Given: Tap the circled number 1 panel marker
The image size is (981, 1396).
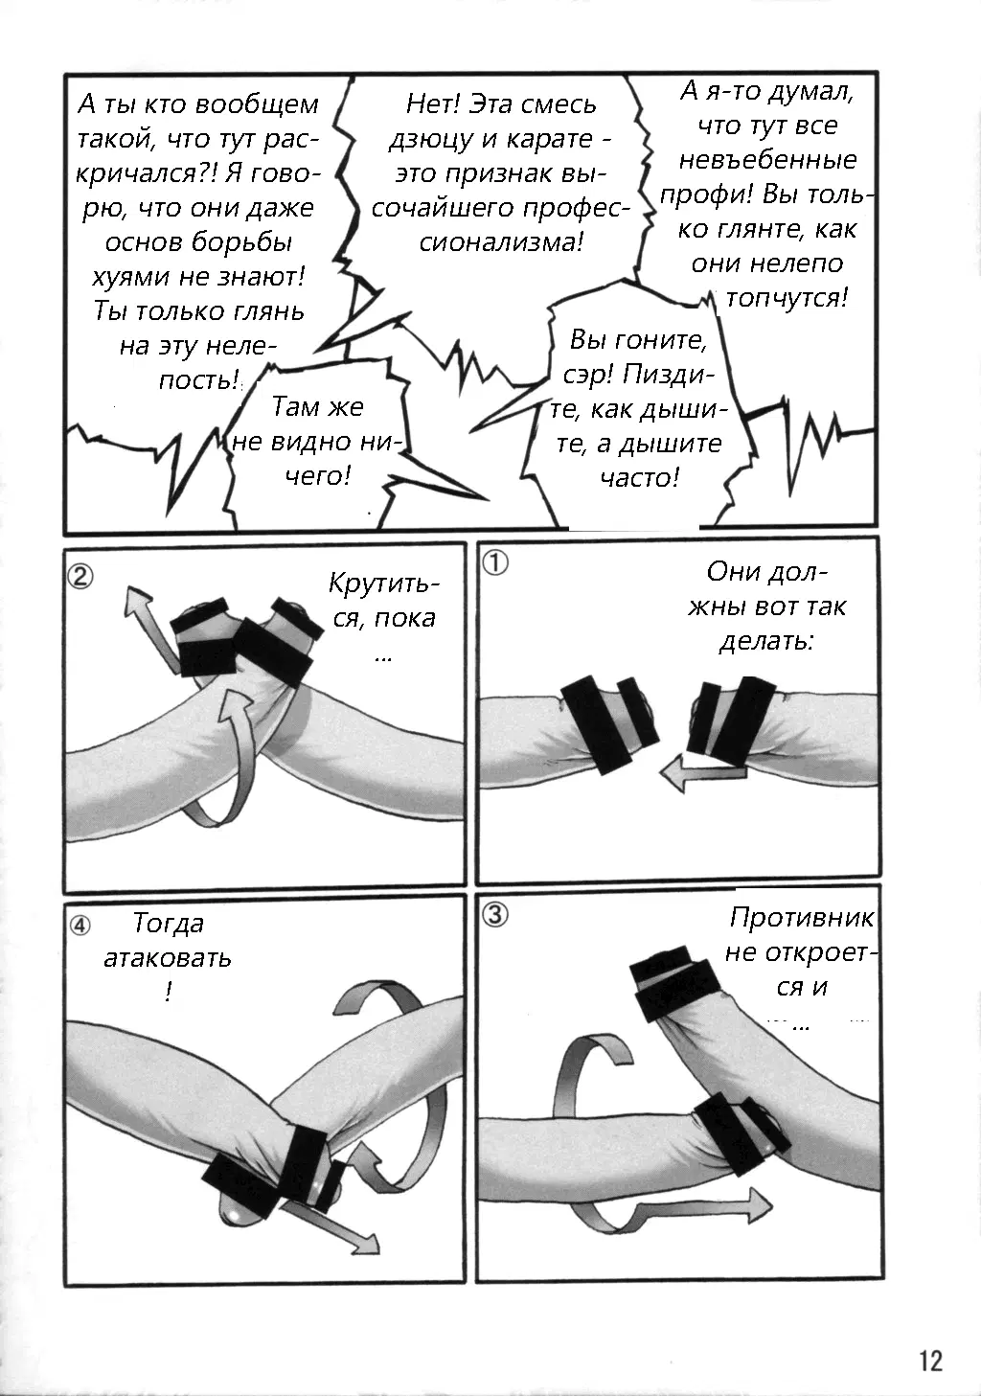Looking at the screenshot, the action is pos(495,563).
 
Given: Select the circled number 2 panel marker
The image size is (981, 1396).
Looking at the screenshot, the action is pos(80,577).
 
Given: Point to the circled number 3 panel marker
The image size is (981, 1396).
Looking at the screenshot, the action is pos(495,915).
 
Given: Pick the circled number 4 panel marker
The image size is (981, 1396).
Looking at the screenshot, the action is pos(80,927).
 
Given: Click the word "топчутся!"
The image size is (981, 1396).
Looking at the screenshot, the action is pos(787,298).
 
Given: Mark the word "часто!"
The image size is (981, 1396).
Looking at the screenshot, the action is pos(639,478).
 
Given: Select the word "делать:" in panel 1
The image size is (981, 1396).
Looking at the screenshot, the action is pos(767,641).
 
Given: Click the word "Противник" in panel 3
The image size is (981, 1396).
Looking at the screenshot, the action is pos(802,918).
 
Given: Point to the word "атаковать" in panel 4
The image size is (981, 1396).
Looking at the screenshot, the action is pos(168,957).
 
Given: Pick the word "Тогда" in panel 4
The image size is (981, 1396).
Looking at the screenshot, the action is pos(169,924).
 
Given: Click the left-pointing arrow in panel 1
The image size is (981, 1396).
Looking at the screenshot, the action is pos(703,773).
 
